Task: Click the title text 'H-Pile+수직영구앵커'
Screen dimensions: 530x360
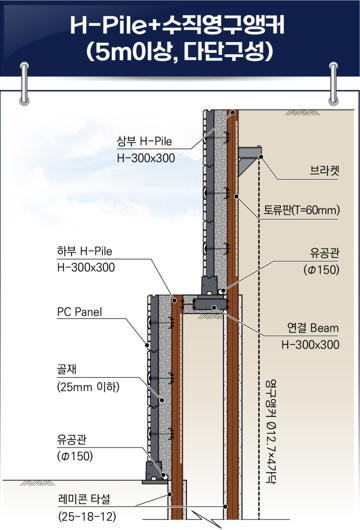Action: coord(180,24)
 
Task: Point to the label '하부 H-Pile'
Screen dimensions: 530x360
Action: coord(85,251)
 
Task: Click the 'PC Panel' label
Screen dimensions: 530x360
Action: coord(82,312)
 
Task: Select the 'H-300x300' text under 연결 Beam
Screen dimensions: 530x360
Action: coord(309,344)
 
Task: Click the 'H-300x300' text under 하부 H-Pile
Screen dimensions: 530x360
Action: coord(85,268)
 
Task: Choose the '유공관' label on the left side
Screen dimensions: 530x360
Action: coord(74,439)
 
